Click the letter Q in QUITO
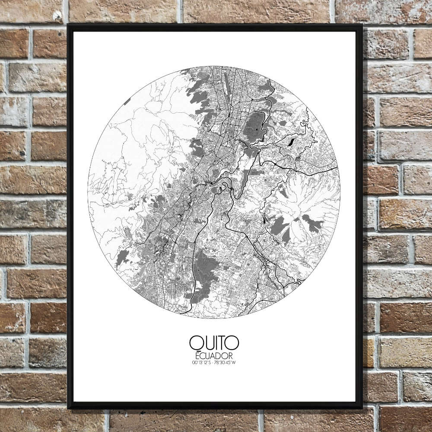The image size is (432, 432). point(195,343)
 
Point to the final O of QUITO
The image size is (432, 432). point(232,343)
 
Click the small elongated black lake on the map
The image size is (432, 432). point(291,141)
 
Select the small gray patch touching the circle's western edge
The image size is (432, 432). point(127,102)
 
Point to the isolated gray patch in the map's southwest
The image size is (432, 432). point(122,258)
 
